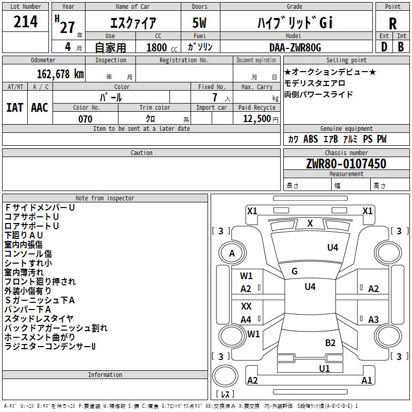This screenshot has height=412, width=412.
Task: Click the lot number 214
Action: coord(25,22)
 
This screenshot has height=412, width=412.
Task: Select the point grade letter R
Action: coord(392,24)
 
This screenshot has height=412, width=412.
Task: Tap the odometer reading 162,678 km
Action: coord(60,74)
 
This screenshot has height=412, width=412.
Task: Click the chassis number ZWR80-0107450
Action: coord(346,164)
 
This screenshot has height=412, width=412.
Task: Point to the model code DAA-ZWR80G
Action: coord(295,47)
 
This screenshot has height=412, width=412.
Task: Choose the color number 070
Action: coord(85,119)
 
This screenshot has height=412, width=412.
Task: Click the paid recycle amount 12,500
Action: coord(256,119)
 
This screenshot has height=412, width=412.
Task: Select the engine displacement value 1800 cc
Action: coord(162,47)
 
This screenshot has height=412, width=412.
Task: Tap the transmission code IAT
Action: coord(14,108)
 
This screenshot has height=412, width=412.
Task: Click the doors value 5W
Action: coord(199,23)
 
